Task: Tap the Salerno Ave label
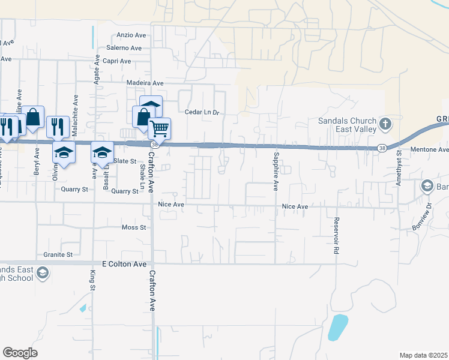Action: coord(124,48)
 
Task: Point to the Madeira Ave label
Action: coord(145,83)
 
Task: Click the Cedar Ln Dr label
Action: coord(203,112)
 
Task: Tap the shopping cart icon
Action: coord(160,128)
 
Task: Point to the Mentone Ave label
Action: coord(429,149)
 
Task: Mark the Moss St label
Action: coord(134,227)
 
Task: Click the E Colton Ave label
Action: coord(124,264)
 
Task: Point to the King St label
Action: coord(92,280)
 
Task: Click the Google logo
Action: coord(20,353)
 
